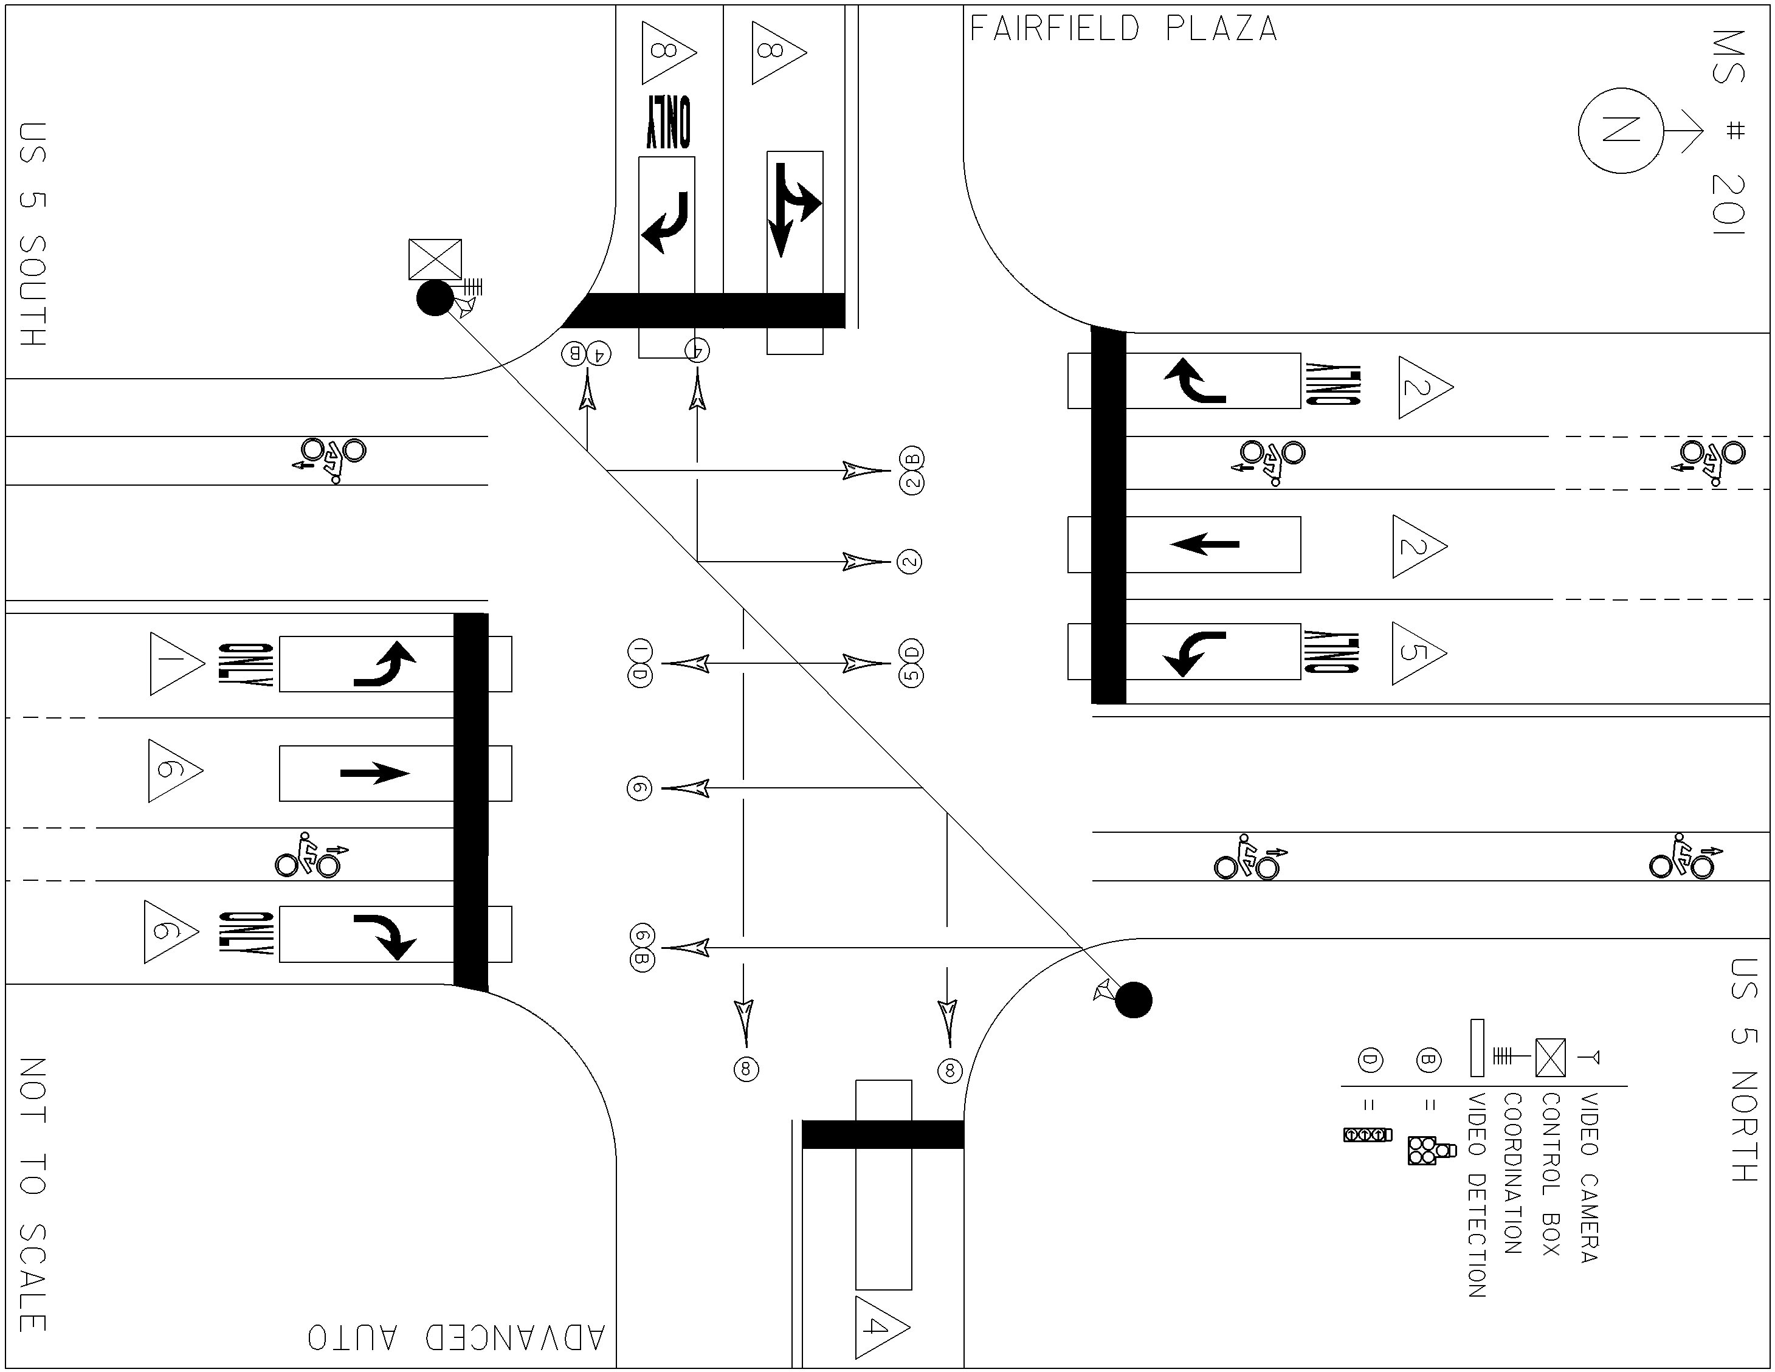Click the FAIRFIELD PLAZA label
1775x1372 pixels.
point(1124,29)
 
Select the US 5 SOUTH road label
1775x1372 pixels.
point(32,234)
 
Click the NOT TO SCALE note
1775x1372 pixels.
point(32,1195)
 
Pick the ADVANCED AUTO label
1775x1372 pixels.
point(457,1337)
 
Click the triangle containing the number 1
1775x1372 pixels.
point(177,664)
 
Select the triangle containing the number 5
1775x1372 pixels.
point(1419,653)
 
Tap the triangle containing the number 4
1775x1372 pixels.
point(883,1327)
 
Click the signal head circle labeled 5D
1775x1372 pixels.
point(912,663)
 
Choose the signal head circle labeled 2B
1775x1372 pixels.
point(912,470)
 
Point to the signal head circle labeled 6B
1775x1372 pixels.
point(642,948)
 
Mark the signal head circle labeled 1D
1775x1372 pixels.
point(639,663)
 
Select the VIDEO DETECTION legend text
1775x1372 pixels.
point(1477,1195)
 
